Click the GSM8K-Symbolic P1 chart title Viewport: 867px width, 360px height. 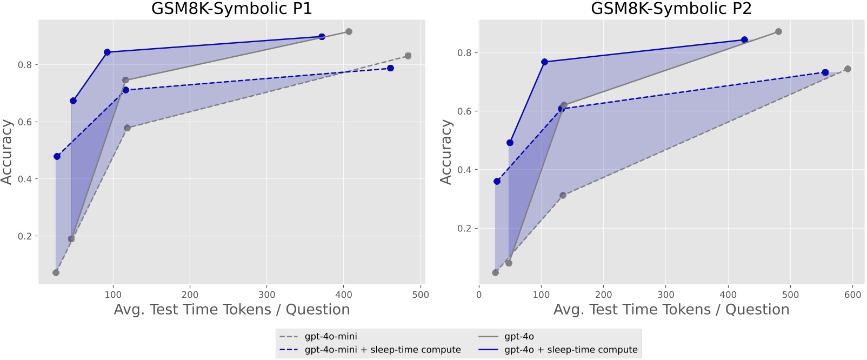(x=231, y=9)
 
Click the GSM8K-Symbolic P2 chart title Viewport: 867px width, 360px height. (x=671, y=9)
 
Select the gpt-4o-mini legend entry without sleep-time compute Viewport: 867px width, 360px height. (x=331, y=337)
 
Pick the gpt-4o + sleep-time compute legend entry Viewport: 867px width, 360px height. (x=571, y=350)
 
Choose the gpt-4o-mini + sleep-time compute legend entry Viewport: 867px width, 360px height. (x=383, y=350)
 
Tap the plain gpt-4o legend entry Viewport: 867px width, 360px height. (x=519, y=337)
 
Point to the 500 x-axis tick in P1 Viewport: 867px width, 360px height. (x=420, y=295)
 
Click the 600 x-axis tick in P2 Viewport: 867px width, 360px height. (x=852, y=295)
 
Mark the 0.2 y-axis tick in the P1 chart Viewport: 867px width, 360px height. (x=25, y=236)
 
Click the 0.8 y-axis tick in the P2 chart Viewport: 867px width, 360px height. (x=464, y=53)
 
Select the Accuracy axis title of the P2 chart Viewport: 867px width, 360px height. (x=446, y=152)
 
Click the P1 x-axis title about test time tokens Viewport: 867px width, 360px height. (x=231, y=310)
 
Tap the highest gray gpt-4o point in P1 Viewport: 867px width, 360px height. (x=349, y=31)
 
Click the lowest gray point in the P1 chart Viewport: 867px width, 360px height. (x=56, y=272)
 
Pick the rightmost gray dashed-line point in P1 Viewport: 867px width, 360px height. (x=408, y=56)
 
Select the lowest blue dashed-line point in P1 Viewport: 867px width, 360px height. (x=57, y=157)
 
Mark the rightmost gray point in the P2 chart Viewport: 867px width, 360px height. (x=848, y=69)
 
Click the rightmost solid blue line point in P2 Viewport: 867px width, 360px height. (x=744, y=39)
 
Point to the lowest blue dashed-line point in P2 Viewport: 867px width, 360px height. (x=497, y=181)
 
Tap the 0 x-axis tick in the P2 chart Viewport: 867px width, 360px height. (x=479, y=295)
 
